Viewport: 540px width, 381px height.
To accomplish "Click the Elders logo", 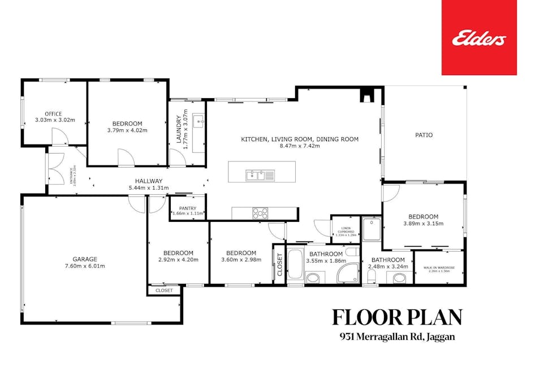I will (478, 38).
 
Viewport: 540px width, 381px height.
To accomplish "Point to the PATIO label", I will (424, 135).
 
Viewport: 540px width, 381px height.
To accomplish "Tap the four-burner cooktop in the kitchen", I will (260, 213).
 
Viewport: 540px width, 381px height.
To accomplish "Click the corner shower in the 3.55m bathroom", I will (348, 273).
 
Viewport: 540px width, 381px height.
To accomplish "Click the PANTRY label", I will (187, 207).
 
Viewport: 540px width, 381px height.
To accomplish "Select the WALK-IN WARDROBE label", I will (439, 268).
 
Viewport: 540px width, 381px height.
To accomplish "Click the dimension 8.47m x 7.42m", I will (299, 146).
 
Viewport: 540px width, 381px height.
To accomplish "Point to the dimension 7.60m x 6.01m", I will (84, 266).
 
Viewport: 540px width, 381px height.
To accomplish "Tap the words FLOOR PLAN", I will (396, 317).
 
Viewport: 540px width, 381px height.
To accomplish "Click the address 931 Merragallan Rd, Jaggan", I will (396, 337).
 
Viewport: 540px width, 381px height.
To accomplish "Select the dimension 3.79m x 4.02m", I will (127, 130).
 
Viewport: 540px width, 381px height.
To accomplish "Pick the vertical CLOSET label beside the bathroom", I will (279, 264).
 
